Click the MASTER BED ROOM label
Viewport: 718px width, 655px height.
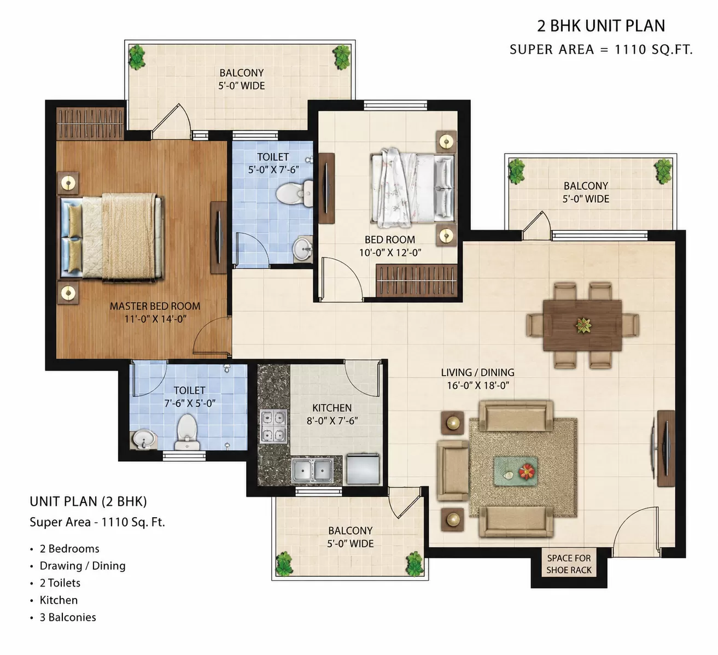[x=155, y=306]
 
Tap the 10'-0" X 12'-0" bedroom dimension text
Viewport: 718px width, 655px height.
[x=390, y=253]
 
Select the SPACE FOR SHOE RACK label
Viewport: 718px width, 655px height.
[x=569, y=564]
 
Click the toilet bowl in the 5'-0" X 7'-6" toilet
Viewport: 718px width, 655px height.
[x=294, y=194]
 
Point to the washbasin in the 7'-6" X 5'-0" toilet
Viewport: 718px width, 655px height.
[x=144, y=439]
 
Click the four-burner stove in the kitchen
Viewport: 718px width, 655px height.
[x=274, y=426]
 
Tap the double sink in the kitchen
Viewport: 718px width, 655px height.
[x=312, y=470]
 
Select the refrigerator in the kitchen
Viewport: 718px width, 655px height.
[x=363, y=469]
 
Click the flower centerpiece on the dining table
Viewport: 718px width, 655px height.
[x=583, y=325]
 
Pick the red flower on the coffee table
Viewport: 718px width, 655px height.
[x=527, y=471]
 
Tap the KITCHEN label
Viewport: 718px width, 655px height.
[x=332, y=408]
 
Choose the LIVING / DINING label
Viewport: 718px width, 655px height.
[x=477, y=372]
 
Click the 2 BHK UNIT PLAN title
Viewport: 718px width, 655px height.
[x=601, y=26]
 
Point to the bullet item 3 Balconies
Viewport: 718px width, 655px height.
[x=68, y=617]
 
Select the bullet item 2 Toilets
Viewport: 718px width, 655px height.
[x=60, y=583]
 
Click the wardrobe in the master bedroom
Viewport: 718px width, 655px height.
[x=90, y=124]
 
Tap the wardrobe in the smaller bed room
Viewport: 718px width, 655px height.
[x=417, y=280]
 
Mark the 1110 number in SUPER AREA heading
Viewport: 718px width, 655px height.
[x=631, y=49]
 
